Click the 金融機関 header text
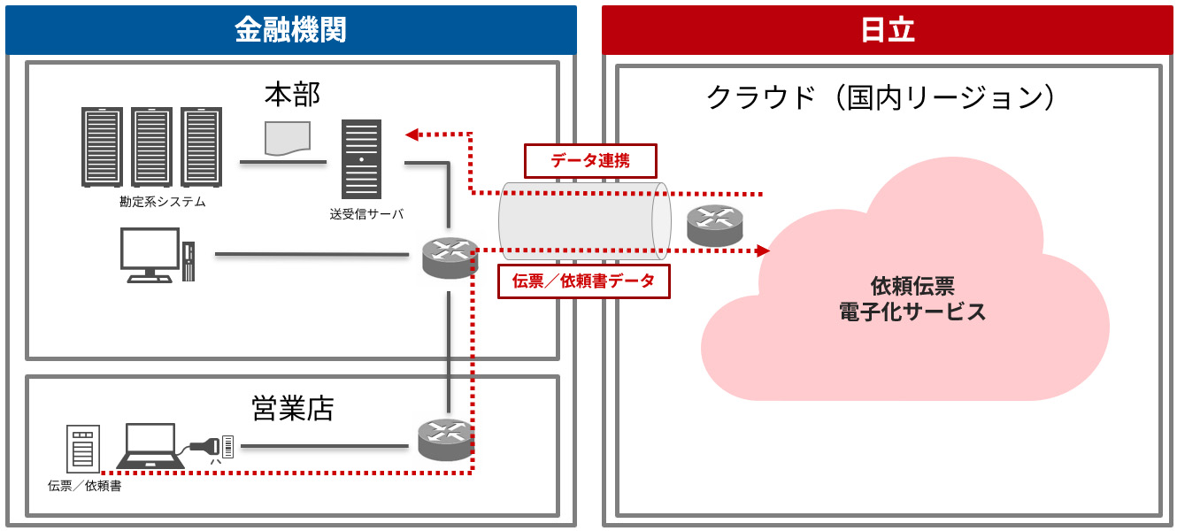289,30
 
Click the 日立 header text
887,30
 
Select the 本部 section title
292,93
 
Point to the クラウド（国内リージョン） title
881,96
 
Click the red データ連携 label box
590,160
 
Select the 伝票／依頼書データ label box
584,281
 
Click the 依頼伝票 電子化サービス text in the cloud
912,299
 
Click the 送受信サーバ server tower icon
362,159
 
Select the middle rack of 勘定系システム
151,147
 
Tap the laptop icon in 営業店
150,445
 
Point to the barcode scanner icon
212,446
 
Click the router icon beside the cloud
715,227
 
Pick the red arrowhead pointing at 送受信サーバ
412,135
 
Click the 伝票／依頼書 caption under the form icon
85,486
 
